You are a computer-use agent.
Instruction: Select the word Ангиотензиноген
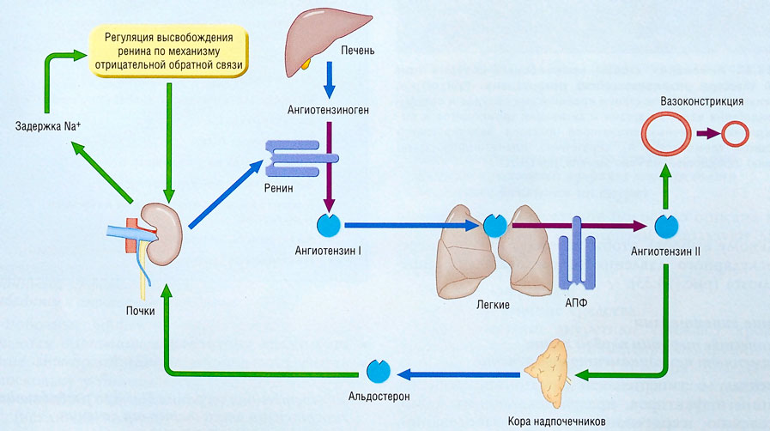coord(329,111)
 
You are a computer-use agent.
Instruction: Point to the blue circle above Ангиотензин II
coord(666,226)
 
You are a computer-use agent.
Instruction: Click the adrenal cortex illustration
coord(549,369)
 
